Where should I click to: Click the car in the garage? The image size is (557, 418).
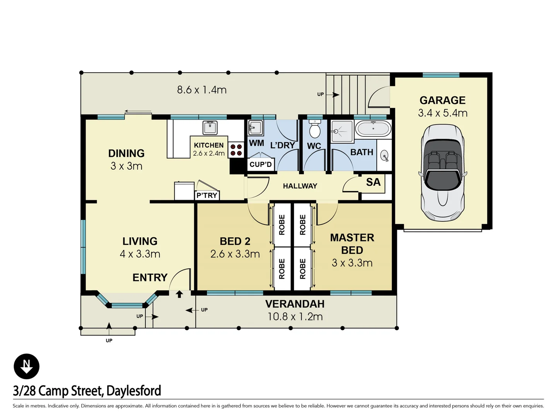443,173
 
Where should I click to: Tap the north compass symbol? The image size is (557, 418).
26,366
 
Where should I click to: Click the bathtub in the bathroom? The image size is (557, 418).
373,128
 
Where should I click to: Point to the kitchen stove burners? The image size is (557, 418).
236,150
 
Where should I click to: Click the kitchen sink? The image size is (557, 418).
210,127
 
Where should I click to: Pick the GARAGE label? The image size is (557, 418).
443,100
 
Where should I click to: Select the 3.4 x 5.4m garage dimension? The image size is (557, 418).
443,113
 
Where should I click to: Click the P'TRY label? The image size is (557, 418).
207,195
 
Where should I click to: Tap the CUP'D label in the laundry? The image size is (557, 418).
261,164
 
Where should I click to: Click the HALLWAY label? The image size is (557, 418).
300,186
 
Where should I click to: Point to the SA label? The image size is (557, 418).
373,182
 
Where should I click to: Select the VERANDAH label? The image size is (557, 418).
295,304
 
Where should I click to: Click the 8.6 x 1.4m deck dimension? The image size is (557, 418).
202,90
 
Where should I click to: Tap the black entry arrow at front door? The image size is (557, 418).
179,294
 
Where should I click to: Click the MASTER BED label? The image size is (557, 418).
352,244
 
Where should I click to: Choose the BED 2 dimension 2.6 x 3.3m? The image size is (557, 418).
235,254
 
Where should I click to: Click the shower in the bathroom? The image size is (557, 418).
342,131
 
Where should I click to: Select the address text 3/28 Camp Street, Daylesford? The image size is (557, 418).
87,391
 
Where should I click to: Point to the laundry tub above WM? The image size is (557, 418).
255,127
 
